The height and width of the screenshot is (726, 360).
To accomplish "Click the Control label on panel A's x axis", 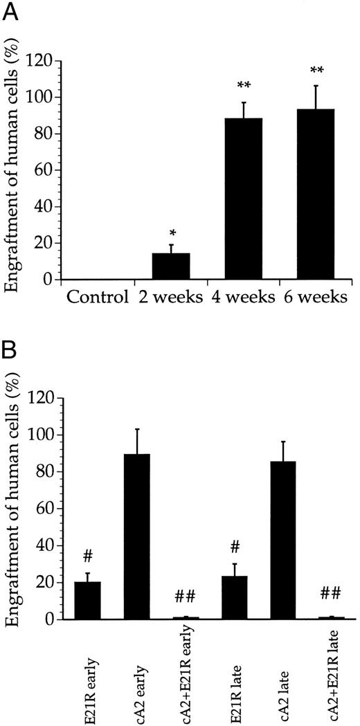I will [98, 298].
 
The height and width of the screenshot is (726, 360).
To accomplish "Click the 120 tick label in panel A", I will [39, 61].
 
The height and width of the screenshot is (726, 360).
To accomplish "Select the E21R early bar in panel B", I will [88, 601].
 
